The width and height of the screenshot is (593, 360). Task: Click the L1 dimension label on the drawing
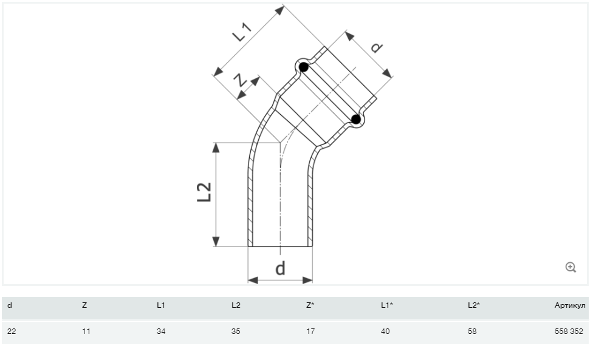click(242, 32)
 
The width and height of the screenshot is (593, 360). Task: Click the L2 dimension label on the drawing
click(204, 192)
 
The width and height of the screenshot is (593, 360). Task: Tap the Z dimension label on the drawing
click(240, 81)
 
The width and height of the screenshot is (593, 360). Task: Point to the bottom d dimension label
click(280, 268)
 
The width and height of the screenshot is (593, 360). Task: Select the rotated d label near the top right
click(377, 47)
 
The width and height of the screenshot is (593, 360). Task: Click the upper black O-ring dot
click(304, 67)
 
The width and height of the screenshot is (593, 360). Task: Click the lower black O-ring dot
click(356, 120)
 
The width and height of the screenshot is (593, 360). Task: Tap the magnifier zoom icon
click(571, 268)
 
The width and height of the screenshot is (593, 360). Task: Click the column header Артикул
click(570, 305)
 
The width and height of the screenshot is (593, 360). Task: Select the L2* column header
click(474, 305)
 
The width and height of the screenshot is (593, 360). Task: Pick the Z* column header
click(310, 305)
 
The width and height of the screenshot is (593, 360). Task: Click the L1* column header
click(387, 305)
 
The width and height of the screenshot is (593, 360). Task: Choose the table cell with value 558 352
click(569, 331)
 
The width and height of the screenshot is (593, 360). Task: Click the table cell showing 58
click(472, 331)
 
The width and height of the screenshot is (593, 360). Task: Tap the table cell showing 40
click(385, 331)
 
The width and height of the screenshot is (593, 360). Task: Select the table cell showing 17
click(310, 331)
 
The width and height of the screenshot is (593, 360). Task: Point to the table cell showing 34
click(161, 331)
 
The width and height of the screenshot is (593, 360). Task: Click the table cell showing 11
click(86, 331)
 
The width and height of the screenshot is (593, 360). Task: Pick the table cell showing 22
click(12, 331)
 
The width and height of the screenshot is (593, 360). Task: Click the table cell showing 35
click(236, 331)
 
